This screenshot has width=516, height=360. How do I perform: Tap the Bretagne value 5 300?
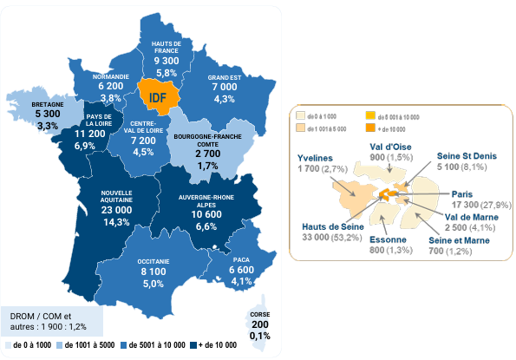pyautogui.click(x=48, y=114)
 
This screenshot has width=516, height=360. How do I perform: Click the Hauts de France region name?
pyautogui.click(x=166, y=46)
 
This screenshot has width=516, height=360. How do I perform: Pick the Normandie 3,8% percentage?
pyautogui.click(x=110, y=99)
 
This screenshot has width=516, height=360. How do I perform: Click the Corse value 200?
pyautogui.click(x=259, y=324)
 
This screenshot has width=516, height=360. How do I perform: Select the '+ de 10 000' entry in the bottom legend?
pyautogui.click(x=218, y=345)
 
